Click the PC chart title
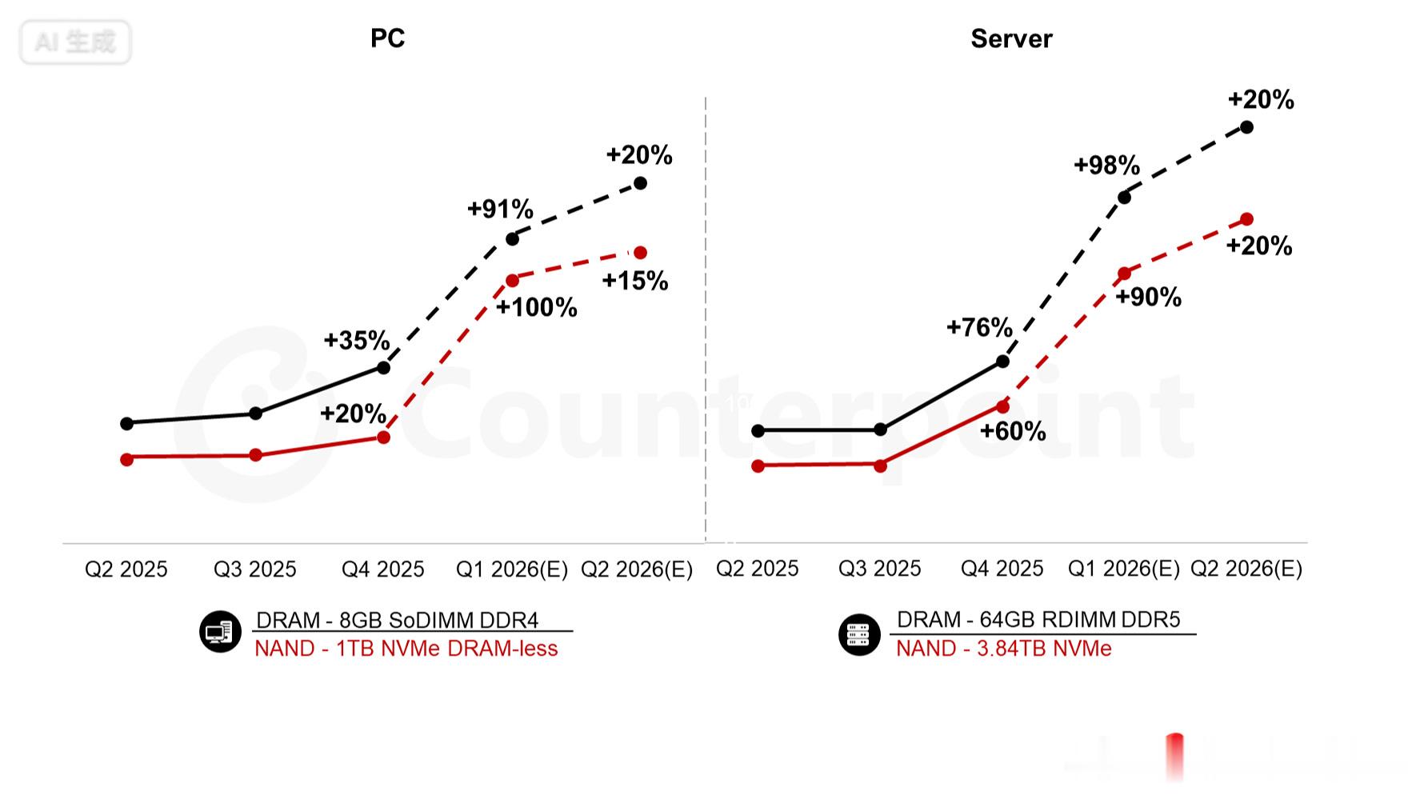tap(387, 38)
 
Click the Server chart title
tap(1011, 38)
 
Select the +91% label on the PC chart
tap(500, 209)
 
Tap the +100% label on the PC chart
tap(537, 307)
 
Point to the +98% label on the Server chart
tap(1106, 165)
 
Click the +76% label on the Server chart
tap(979, 327)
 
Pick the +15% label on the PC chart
tap(635, 281)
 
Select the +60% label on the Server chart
tap(1013, 431)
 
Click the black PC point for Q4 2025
tap(383, 368)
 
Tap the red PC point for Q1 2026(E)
tap(512, 281)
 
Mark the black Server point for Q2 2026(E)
tap(1246, 127)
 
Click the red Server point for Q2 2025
tap(758, 466)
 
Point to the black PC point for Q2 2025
tap(126, 423)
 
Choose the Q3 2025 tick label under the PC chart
tap(254, 569)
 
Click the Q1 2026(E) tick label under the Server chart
tap(1124, 569)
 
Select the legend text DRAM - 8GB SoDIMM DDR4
tap(397, 620)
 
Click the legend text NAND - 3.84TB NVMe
tap(1003, 649)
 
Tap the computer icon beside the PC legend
tap(220, 632)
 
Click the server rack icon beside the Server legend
tap(858, 634)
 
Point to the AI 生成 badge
tap(75, 42)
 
